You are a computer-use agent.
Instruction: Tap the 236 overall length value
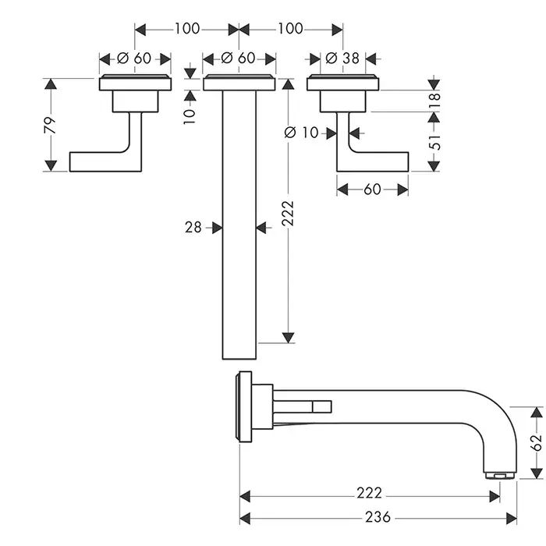click(377, 517)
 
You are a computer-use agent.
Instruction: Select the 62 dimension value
click(534, 443)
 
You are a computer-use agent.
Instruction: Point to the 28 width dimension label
click(193, 227)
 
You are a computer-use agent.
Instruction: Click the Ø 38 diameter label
click(340, 58)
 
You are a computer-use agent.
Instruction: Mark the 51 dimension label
click(435, 141)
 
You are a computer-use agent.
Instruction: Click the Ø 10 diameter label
click(303, 133)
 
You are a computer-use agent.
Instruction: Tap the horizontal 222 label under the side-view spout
click(370, 493)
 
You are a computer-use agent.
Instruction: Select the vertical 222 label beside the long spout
click(287, 211)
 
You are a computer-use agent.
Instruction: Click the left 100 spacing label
click(186, 29)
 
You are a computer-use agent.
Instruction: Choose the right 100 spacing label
click(289, 29)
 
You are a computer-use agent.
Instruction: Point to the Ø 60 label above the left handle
click(136, 58)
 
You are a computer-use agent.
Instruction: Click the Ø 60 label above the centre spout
click(239, 58)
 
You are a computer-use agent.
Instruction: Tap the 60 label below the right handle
click(372, 190)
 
